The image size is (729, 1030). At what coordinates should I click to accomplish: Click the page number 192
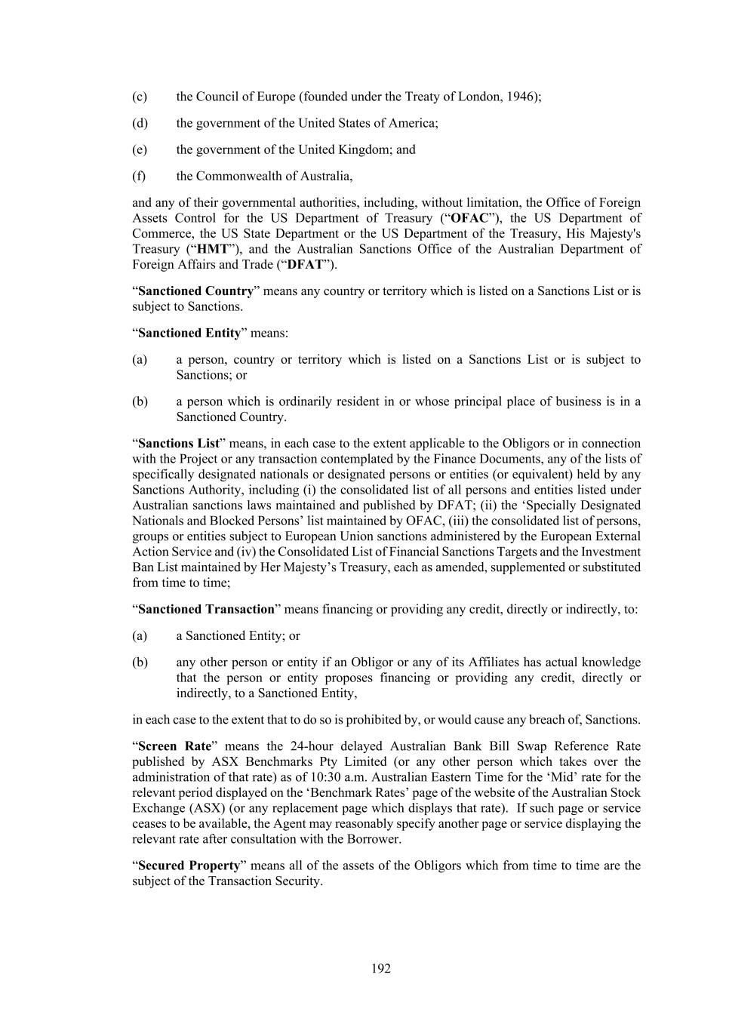tap(380, 969)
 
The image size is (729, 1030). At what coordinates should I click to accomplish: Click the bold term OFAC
tap(469, 218)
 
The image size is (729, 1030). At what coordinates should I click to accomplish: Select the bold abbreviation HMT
tap(211, 249)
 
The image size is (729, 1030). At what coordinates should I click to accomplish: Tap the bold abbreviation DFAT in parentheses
tap(306, 264)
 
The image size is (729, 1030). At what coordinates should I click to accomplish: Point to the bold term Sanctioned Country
tap(195, 291)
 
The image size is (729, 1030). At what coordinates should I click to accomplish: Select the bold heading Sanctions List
tap(179, 443)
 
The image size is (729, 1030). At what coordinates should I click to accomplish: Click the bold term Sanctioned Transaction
tap(206, 609)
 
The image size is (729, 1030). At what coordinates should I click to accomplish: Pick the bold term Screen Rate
tap(174, 746)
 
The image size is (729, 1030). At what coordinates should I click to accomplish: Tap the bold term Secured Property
tap(189, 866)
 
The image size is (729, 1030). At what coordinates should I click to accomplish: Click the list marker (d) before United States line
tap(140, 123)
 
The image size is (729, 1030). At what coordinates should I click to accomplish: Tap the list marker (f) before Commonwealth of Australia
tap(139, 176)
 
